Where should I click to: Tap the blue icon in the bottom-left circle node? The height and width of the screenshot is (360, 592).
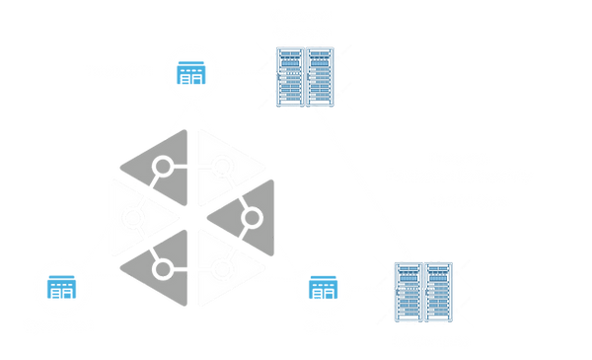(x=62, y=289)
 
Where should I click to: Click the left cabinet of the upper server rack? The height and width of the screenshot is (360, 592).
(x=288, y=72)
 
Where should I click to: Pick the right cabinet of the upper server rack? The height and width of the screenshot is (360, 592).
(x=319, y=72)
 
